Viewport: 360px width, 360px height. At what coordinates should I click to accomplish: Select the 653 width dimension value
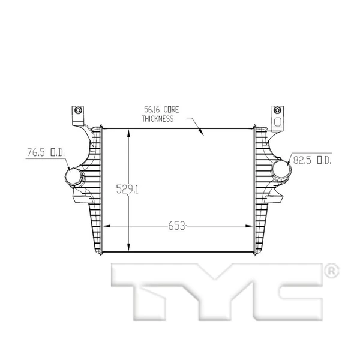(176, 226)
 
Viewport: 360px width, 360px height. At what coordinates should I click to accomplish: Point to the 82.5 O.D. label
(312, 160)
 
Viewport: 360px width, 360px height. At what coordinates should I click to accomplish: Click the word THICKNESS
(158, 119)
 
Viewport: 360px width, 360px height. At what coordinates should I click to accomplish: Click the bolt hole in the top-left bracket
(77, 110)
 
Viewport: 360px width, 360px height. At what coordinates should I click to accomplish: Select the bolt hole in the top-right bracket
(277, 110)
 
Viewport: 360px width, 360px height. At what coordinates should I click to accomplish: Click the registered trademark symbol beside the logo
(331, 272)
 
